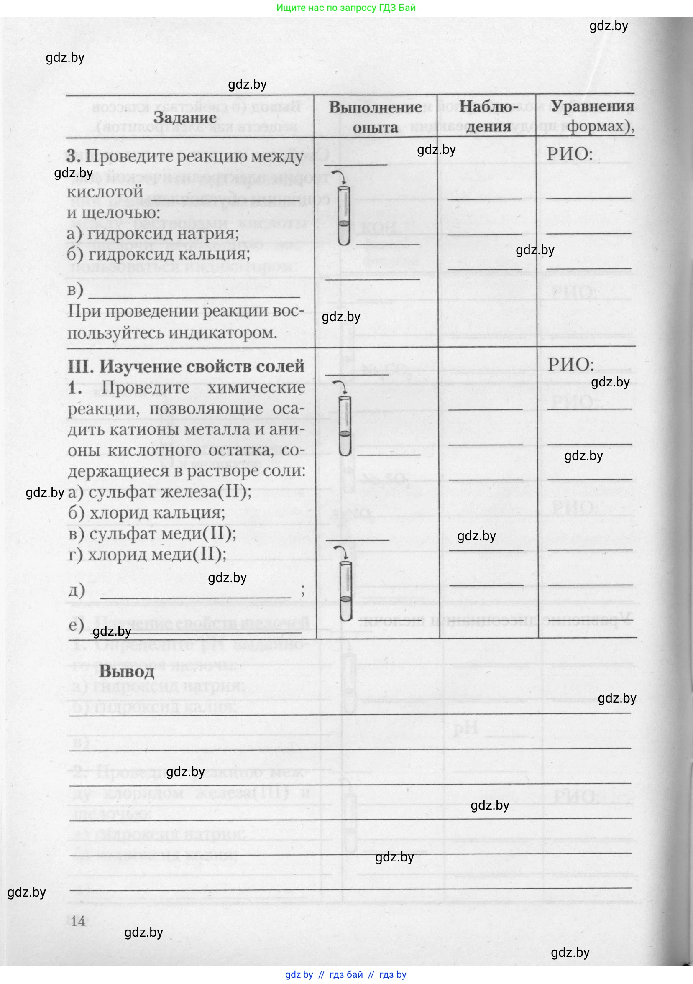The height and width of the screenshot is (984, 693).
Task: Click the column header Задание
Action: click(x=185, y=118)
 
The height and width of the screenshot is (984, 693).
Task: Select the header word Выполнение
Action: click(x=375, y=107)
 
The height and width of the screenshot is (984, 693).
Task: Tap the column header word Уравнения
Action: click(x=592, y=106)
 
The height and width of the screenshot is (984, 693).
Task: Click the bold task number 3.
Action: click(x=73, y=156)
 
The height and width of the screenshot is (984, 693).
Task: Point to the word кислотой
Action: click(x=105, y=191)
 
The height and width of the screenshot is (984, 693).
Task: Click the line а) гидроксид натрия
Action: click(x=153, y=233)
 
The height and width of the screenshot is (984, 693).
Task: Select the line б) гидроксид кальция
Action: click(x=158, y=254)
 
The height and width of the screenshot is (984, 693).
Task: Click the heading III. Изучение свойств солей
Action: click(x=186, y=366)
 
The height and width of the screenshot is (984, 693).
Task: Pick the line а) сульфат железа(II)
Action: click(x=159, y=492)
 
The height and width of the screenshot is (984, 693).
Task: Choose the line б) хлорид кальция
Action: click(x=146, y=513)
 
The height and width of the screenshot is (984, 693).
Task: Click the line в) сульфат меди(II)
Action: click(x=152, y=534)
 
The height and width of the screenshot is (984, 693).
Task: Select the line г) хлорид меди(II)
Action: click(x=147, y=555)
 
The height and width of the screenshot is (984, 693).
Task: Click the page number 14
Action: click(x=78, y=920)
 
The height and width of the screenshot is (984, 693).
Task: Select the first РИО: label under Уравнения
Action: click(x=569, y=153)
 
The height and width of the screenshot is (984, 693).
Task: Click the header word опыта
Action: click(x=375, y=127)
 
